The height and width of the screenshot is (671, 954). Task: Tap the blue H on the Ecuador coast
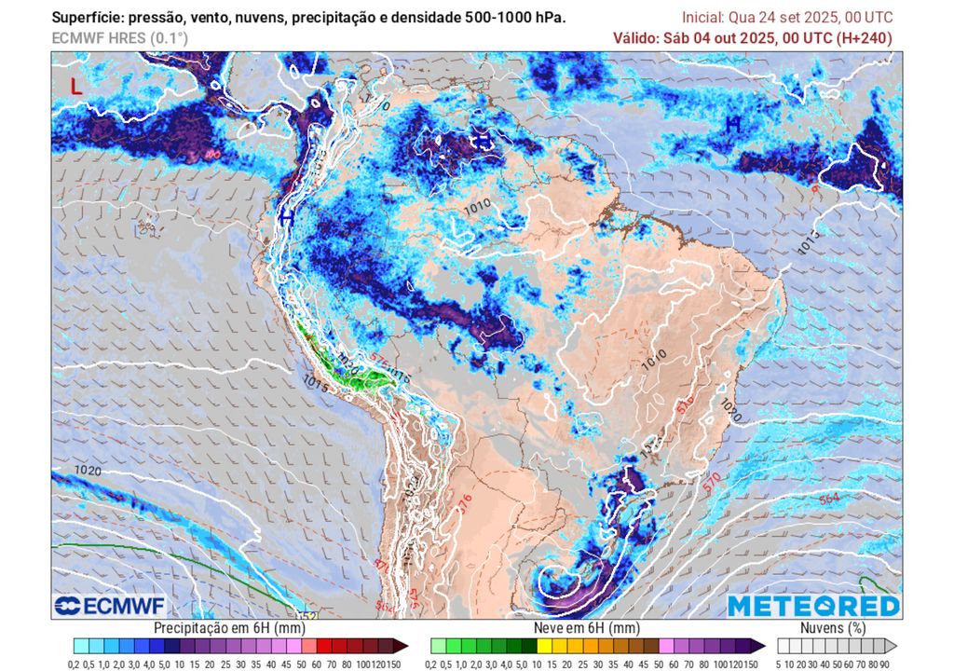(287, 217)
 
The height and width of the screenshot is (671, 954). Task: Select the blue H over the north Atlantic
(733, 123)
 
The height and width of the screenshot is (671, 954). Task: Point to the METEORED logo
(813, 606)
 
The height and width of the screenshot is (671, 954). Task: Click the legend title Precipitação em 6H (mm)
(228, 628)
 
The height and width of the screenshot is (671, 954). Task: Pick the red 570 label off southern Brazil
(714, 479)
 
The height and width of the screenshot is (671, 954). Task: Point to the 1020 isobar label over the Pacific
(88, 470)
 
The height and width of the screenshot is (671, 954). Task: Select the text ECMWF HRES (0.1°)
(119, 38)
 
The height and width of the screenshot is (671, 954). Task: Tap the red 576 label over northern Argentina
(466, 503)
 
